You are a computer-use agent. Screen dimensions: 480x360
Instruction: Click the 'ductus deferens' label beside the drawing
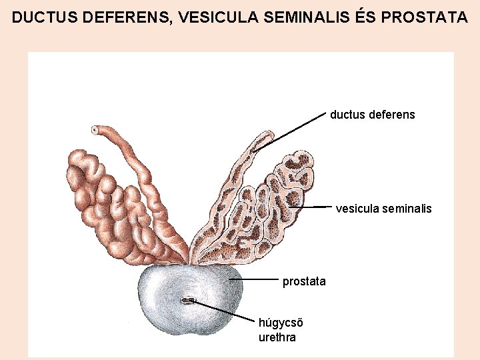coord(372,115)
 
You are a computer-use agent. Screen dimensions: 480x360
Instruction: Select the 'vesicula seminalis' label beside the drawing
coord(383,209)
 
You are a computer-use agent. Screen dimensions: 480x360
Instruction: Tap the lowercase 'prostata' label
coord(304,281)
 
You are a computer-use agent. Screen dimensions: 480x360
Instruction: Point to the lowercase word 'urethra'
coord(277,337)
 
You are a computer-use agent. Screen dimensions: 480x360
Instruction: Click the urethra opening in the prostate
coord(187,301)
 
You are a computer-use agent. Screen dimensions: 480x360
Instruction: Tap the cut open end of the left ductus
coord(96,129)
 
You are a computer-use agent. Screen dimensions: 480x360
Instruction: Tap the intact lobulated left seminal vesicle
coord(107,200)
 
